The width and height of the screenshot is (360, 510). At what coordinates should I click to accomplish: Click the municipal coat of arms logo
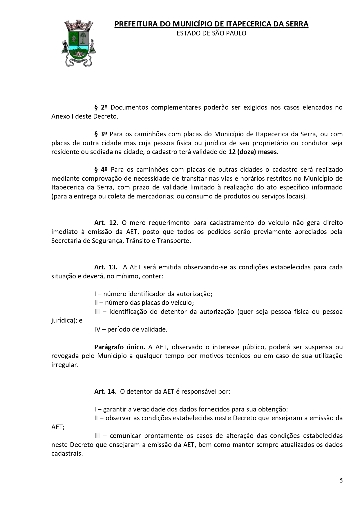(79, 43)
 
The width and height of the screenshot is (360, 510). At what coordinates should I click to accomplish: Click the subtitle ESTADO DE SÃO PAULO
(211, 33)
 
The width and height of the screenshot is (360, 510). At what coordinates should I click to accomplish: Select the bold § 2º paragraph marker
(101, 108)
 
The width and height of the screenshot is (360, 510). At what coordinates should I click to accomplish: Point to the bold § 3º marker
(101, 134)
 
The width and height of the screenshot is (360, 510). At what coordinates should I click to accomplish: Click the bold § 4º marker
(101, 170)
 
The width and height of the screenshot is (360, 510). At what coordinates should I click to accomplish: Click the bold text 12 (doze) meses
(252, 152)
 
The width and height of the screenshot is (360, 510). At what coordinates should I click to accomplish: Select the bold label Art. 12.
(106, 223)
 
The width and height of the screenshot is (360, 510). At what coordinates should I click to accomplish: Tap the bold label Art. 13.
(106, 267)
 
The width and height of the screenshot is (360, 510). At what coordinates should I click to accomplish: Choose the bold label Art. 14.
(105, 392)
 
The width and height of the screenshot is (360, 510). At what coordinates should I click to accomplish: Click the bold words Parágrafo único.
(120, 347)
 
